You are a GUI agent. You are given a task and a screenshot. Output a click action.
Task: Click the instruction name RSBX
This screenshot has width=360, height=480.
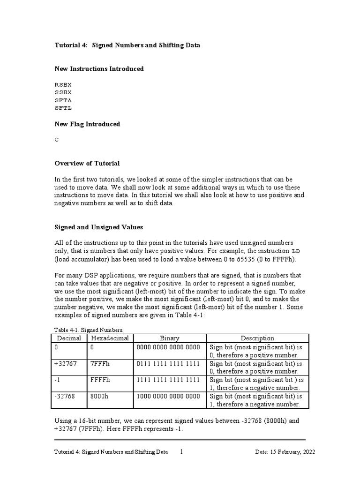click(x=63, y=85)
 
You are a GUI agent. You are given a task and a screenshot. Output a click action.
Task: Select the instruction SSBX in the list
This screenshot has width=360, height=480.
click(x=63, y=92)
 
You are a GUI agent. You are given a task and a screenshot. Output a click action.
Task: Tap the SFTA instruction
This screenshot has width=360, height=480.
click(x=63, y=100)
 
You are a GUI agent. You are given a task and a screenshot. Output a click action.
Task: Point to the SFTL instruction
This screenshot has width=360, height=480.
click(x=63, y=108)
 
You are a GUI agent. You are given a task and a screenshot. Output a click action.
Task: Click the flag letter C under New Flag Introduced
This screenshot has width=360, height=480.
click(x=57, y=140)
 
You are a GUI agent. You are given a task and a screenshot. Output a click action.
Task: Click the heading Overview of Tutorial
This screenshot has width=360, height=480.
click(x=87, y=164)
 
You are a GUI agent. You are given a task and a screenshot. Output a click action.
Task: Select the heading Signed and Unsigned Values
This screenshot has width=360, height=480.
click(x=99, y=227)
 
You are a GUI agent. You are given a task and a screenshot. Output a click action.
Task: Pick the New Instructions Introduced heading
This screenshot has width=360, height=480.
click(x=99, y=69)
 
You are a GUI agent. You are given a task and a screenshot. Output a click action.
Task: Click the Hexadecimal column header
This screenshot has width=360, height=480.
click(x=110, y=338)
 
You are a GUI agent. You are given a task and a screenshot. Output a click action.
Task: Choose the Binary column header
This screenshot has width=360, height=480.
click(x=169, y=338)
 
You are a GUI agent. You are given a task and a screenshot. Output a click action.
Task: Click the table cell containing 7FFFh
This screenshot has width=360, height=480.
click(x=100, y=364)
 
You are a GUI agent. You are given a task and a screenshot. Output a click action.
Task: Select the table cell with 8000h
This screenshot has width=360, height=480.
click(x=100, y=396)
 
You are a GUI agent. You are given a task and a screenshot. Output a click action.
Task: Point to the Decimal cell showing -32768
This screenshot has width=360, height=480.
click(x=64, y=396)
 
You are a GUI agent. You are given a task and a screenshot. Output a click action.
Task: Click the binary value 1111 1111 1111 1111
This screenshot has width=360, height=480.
click(x=168, y=380)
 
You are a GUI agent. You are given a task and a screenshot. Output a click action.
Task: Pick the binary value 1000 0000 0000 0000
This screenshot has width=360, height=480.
click(x=168, y=396)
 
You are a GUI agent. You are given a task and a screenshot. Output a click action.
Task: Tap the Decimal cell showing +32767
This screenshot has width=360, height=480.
click(x=65, y=364)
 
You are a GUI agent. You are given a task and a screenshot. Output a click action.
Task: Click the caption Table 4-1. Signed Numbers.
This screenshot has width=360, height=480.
click(x=83, y=330)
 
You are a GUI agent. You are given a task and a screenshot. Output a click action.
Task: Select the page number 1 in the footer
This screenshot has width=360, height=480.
click(x=182, y=452)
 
